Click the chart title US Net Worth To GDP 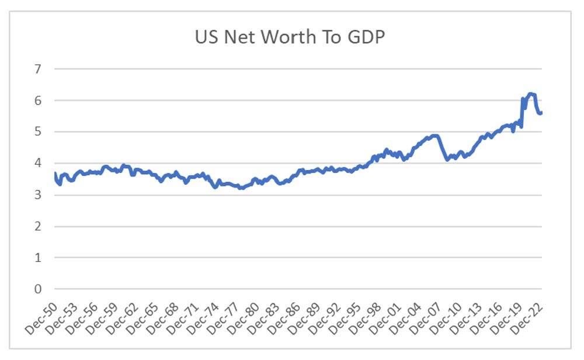(290, 38)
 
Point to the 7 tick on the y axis (38, 69)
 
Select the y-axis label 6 (38, 101)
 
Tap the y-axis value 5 (38, 132)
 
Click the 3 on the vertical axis (38, 195)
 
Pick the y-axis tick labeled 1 (38, 258)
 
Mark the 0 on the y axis (38, 289)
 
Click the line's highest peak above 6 (530, 94)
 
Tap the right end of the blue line (541, 113)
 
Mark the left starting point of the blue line (54, 174)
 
